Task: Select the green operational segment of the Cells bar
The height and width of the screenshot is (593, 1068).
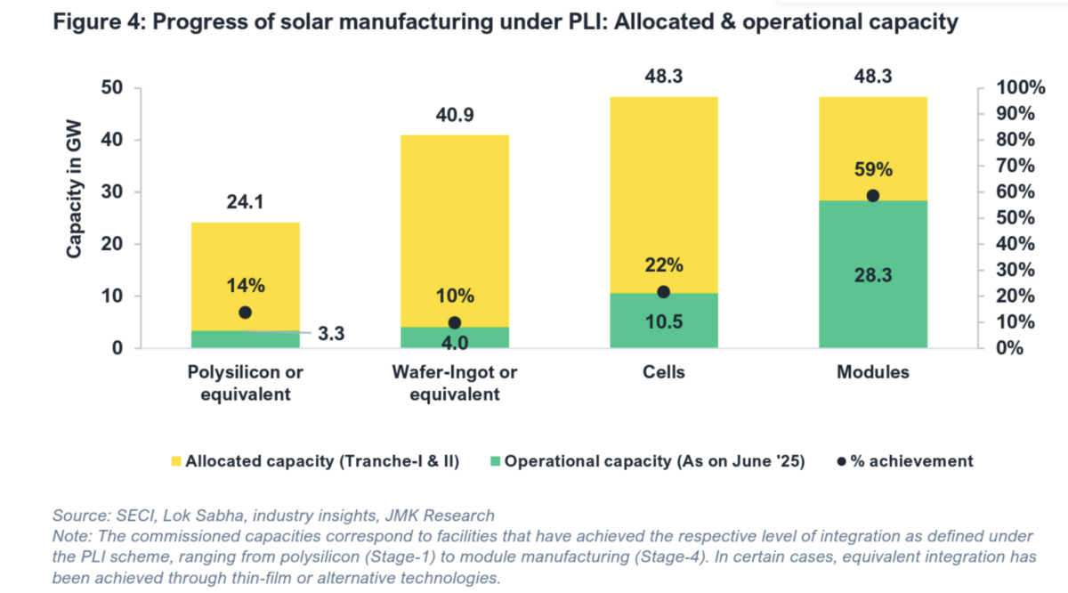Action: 663,321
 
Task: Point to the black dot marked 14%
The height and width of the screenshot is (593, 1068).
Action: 245,313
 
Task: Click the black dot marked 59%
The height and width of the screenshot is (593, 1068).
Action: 872,196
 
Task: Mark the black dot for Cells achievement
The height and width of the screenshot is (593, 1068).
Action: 663,292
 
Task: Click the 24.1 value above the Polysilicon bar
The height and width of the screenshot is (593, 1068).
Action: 245,203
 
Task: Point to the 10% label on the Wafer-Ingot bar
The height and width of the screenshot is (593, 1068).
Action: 454,296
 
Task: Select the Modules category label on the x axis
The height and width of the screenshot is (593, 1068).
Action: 872,372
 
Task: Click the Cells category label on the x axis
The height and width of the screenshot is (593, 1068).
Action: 663,372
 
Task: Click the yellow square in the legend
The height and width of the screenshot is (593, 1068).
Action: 176,461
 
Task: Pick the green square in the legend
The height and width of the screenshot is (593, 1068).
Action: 495,461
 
